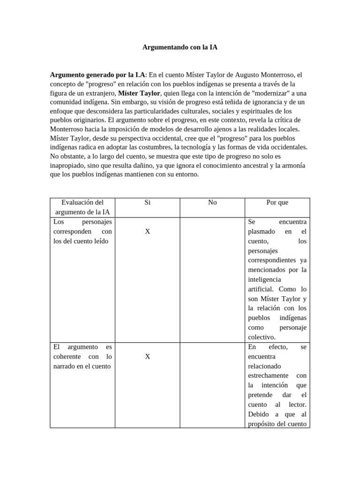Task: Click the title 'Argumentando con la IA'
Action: pyautogui.click(x=180, y=47)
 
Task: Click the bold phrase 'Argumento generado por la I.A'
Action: pyautogui.click(x=97, y=75)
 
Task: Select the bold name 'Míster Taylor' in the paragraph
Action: pyautogui.click(x=139, y=93)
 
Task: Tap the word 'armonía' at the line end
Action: pyautogui.click(x=294, y=165)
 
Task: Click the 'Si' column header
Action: pyautogui.click(x=148, y=202)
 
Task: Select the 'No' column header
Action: pyautogui.click(x=212, y=202)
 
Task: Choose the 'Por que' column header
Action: pyautogui.click(x=277, y=202)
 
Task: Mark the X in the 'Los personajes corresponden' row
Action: pyautogui.click(x=148, y=231)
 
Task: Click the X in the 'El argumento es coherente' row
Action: pyautogui.click(x=148, y=356)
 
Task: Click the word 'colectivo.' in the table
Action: pyautogui.click(x=262, y=337)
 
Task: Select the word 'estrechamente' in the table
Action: pyautogui.click(x=269, y=375)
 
